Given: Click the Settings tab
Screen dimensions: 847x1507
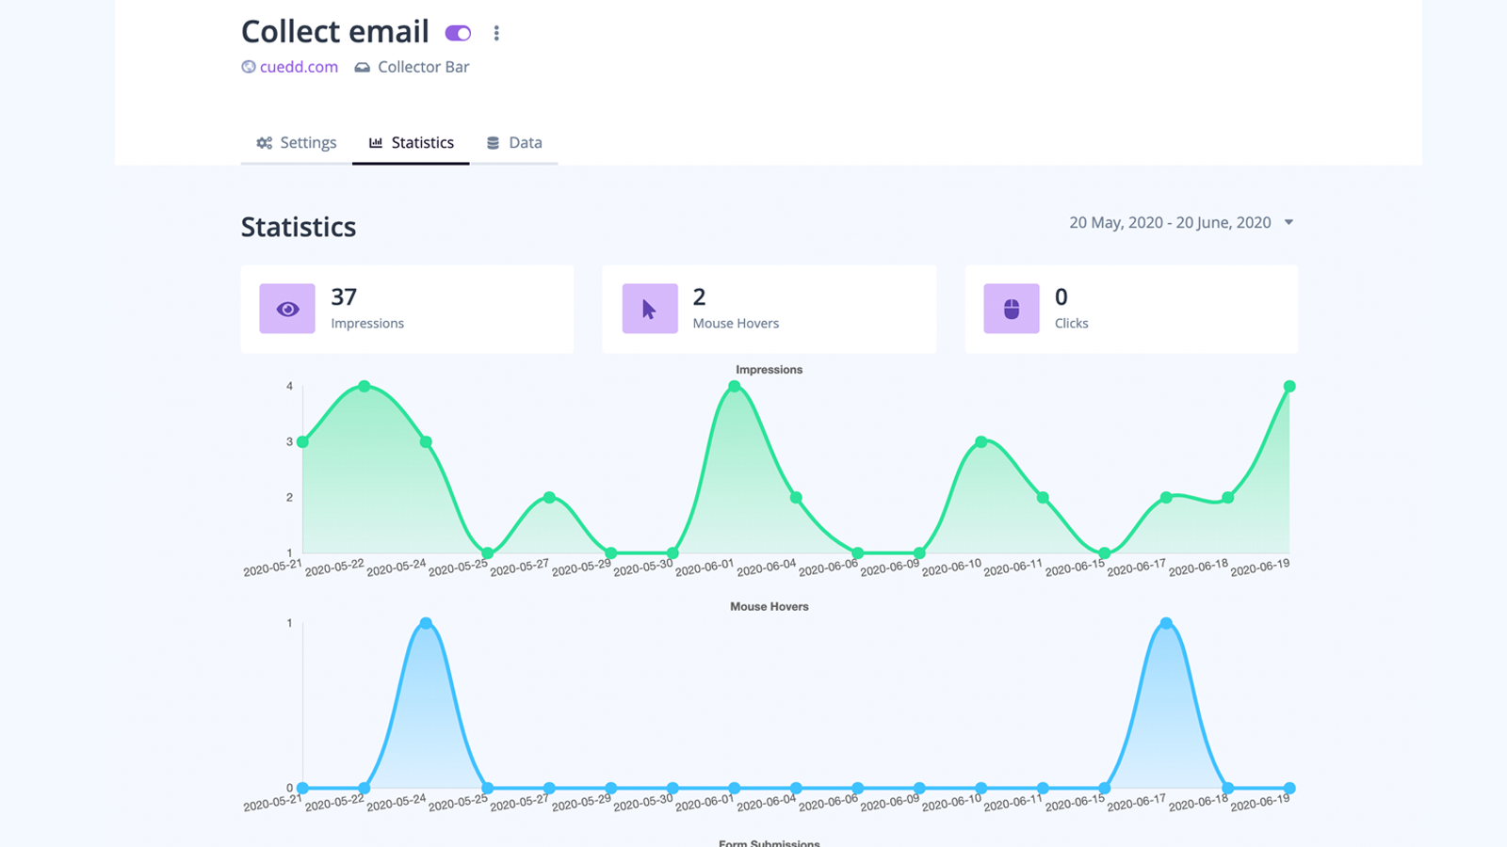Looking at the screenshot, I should [x=296, y=143].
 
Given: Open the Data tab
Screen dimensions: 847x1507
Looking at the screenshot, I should [x=514, y=143].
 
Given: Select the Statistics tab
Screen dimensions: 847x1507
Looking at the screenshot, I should [x=411, y=143].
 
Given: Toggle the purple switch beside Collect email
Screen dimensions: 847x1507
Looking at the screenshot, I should [x=458, y=33].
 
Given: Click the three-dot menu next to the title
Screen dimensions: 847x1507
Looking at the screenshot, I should [x=496, y=33].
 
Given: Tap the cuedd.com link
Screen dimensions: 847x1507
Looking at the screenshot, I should [x=299, y=67].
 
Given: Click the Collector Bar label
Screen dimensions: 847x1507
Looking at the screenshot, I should [x=423, y=67].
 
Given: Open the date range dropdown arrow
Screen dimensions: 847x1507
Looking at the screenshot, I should [x=1288, y=222].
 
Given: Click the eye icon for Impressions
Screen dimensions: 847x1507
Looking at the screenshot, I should [x=287, y=309].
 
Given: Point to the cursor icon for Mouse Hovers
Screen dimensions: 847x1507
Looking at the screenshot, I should [x=649, y=309].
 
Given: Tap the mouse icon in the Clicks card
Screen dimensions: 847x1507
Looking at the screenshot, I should [x=1012, y=309].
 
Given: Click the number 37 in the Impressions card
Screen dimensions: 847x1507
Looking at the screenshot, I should [x=344, y=297].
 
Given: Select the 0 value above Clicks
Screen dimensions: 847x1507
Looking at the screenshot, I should [x=1061, y=297].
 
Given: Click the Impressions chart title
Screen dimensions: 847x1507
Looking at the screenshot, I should [x=769, y=370].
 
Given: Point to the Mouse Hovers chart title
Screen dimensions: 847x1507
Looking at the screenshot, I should [x=769, y=607].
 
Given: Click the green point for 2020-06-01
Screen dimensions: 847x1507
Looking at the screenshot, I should [x=735, y=387].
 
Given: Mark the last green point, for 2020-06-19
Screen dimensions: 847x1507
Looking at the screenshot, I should [x=1289, y=387].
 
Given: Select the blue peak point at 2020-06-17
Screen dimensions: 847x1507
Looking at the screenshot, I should [x=1166, y=623].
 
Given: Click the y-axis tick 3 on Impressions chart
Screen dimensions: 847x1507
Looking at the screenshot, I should [x=289, y=441].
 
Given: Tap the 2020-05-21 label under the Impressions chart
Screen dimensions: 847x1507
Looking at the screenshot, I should [x=273, y=568].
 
